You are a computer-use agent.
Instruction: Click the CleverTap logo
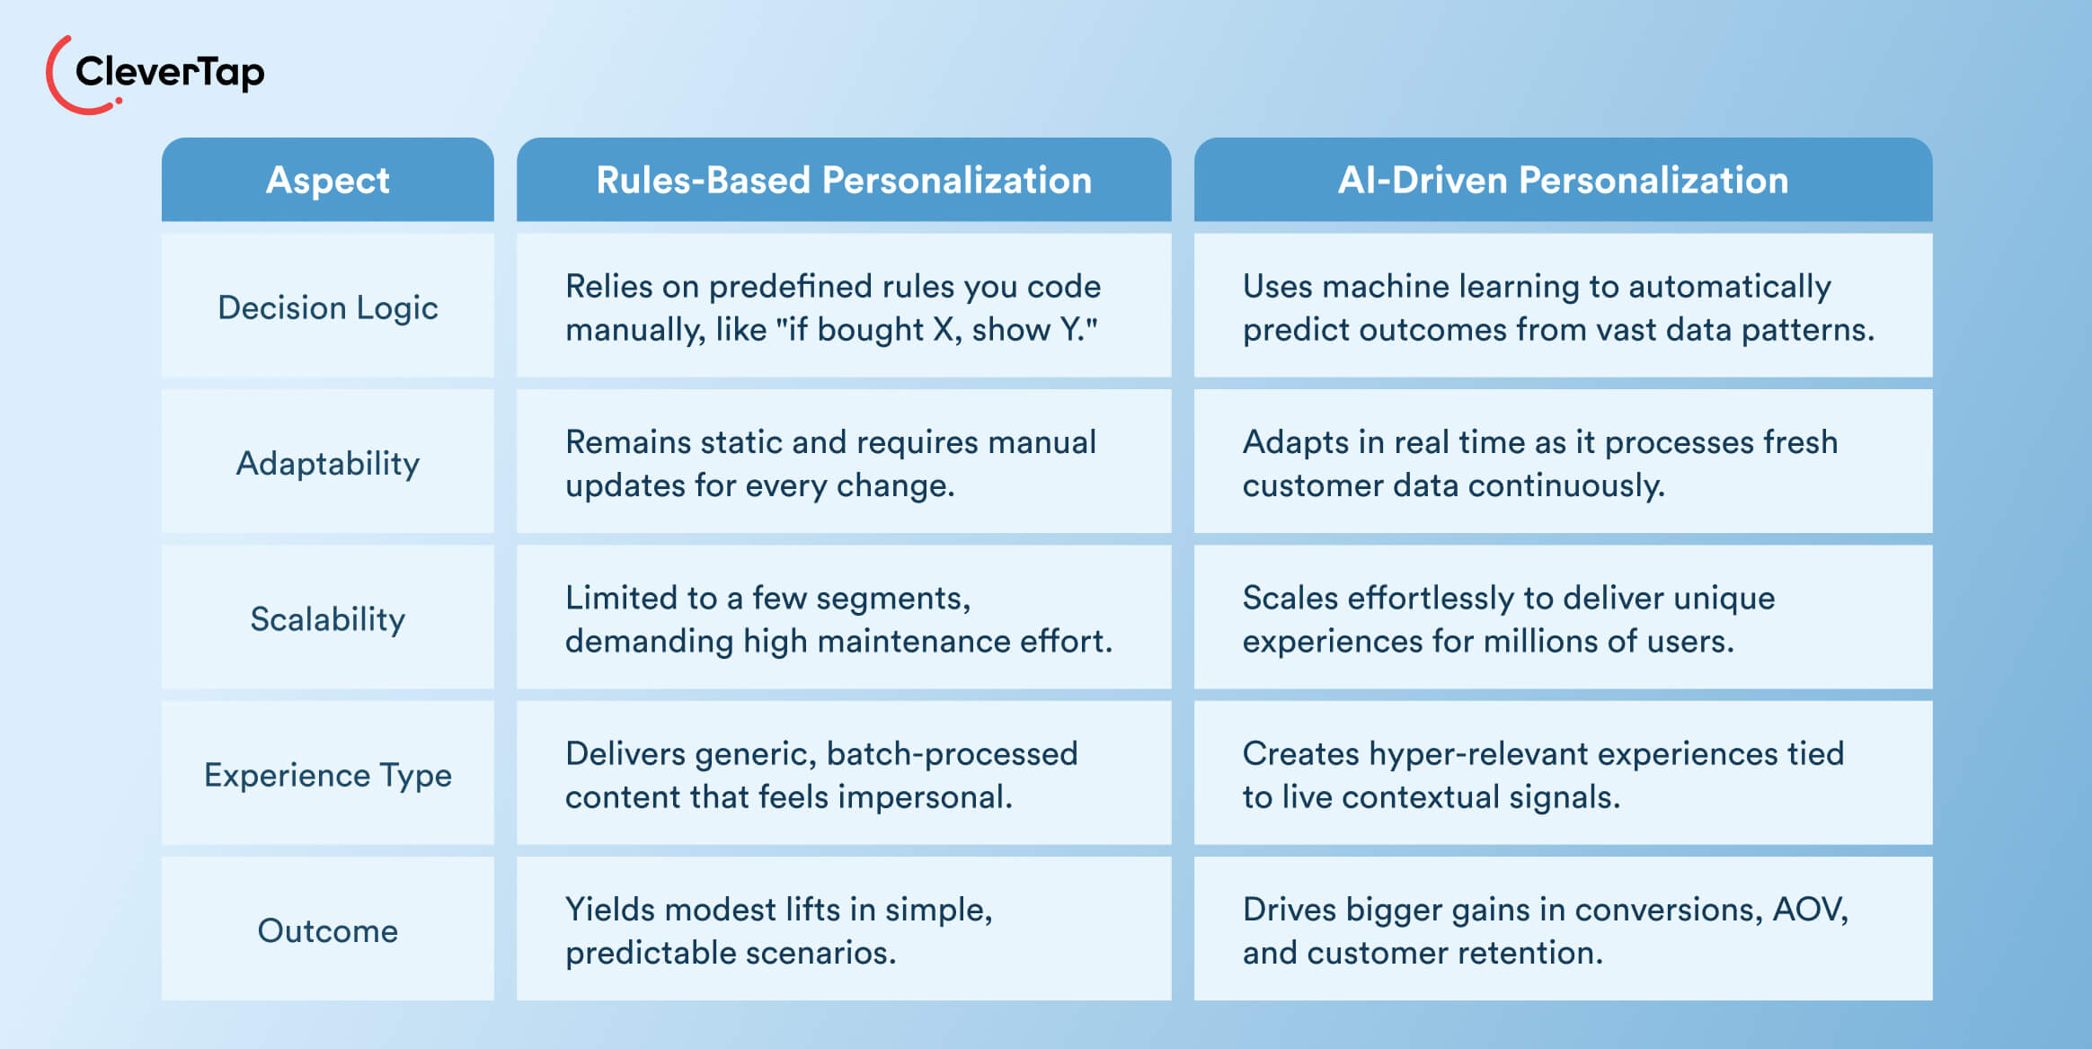coord(155,74)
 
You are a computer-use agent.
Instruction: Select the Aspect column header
coord(328,180)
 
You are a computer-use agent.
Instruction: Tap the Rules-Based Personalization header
coord(844,180)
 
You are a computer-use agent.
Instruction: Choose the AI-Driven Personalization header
coord(1563,180)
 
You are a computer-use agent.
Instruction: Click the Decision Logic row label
coord(328,307)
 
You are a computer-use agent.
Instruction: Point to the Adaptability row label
coord(328,463)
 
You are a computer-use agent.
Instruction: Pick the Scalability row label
coord(328,618)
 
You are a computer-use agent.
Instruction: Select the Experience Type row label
coord(328,775)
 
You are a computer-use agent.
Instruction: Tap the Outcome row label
coord(328,930)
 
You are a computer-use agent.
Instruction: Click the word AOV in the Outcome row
coord(1807,910)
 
